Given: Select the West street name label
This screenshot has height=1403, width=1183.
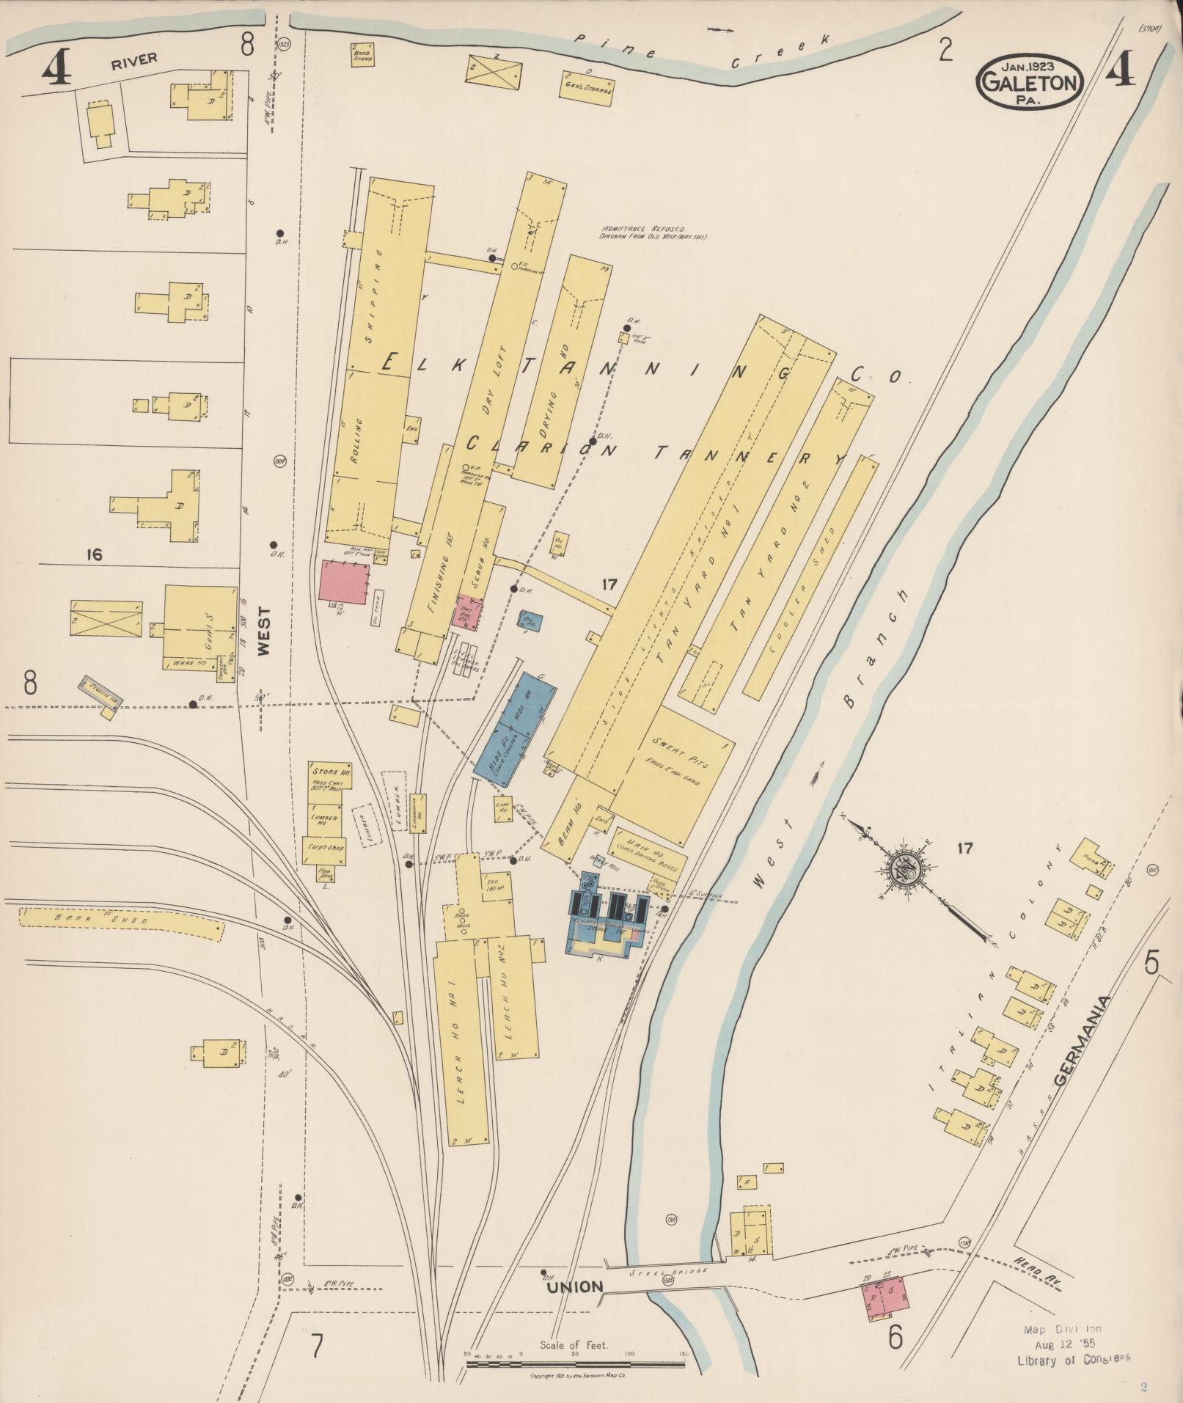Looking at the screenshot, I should tap(264, 630).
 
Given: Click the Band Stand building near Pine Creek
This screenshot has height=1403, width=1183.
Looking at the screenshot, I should tap(362, 54).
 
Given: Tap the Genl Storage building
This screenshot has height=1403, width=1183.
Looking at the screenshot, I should tap(587, 88).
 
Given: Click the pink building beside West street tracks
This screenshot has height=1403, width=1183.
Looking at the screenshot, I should tap(344, 582).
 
